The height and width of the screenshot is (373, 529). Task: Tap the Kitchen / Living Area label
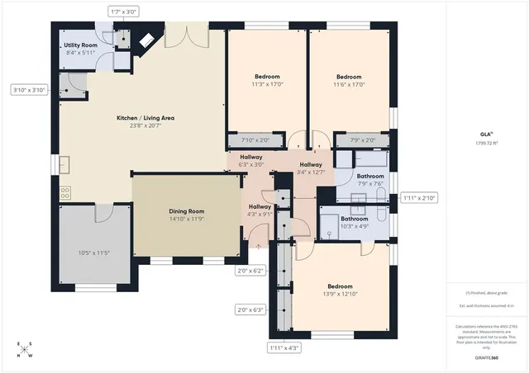pyautogui.click(x=145, y=118)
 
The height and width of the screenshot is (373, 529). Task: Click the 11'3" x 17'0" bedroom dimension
pyautogui.click(x=267, y=83)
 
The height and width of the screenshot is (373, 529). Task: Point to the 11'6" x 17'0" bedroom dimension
pyautogui.click(x=349, y=83)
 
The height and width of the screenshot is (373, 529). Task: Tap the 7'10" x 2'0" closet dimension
pyautogui.click(x=255, y=140)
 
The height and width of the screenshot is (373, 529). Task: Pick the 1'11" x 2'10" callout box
pyautogui.click(x=418, y=198)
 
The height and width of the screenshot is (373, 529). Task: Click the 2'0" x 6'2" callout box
pyautogui.click(x=250, y=270)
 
